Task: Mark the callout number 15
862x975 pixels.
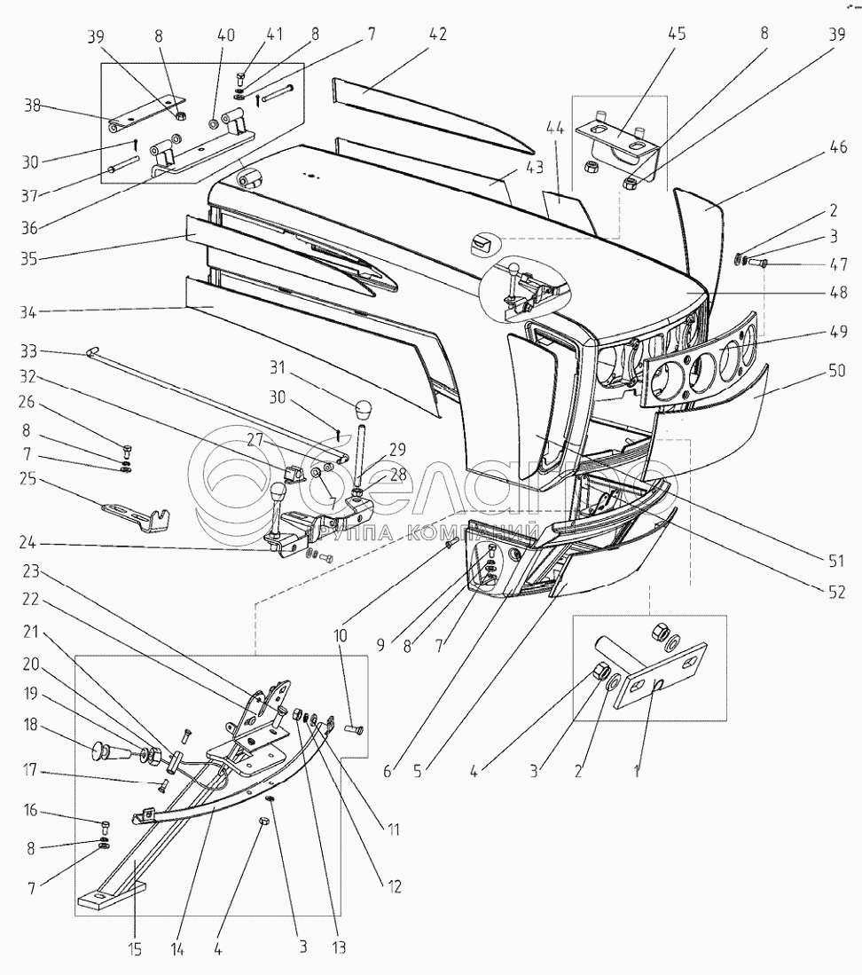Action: point(135,948)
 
